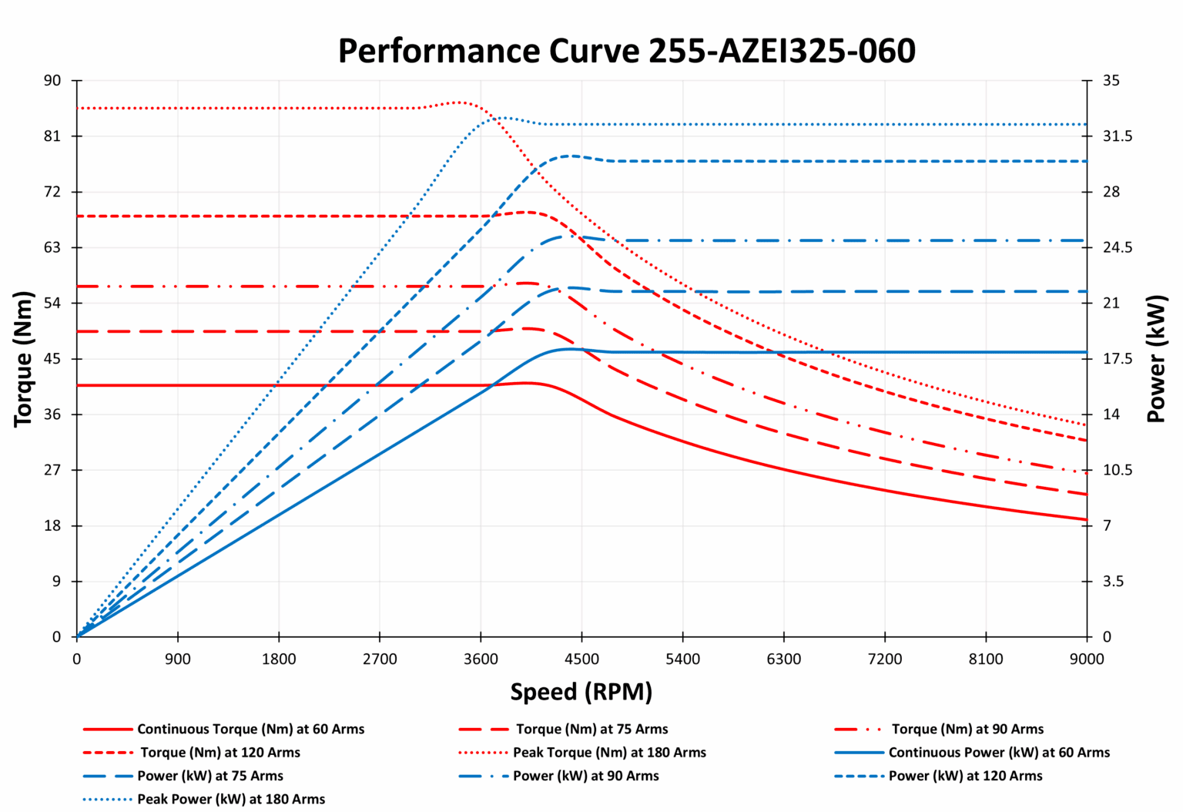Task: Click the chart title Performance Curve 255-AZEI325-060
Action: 626,51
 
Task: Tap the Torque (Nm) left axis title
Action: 23,359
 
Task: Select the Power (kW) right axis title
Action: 1156,359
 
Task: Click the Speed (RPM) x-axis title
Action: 581,692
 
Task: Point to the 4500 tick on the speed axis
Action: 581,659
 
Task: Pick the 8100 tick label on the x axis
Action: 986,659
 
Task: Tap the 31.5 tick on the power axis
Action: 1117,136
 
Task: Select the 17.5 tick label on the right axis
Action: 1117,359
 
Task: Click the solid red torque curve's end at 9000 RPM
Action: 1086,520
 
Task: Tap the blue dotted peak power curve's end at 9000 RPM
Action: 1086,124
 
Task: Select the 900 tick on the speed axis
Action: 178,659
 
